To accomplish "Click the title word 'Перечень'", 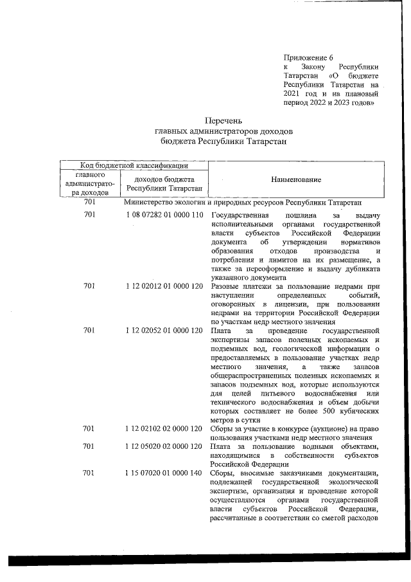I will (223, 121).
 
